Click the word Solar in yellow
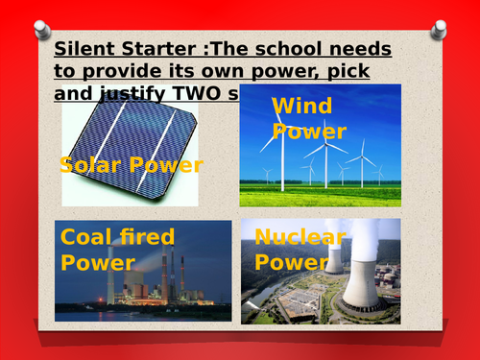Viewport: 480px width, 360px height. (x=89, y=165)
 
